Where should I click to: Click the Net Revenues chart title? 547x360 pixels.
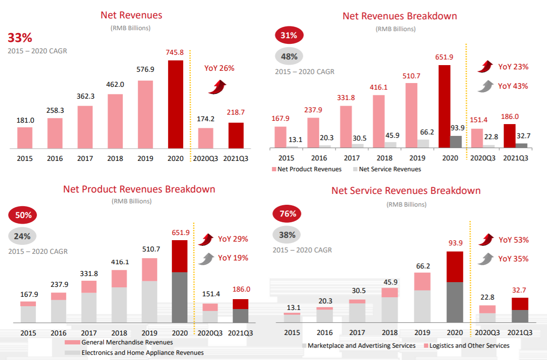tap(131, 15)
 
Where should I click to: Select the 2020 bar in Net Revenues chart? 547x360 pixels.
tap(176, 104)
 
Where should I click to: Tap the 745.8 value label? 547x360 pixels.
tap(176, 52)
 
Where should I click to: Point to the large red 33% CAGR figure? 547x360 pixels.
tap(19, 38)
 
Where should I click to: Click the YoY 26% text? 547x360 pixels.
tap(219, 68)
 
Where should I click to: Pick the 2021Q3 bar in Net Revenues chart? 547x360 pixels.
tap(236, 136)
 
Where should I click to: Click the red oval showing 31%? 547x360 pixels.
tap(289, 35)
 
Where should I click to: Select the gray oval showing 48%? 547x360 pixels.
tap(289, 57)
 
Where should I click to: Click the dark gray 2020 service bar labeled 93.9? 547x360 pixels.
tap(455, 142)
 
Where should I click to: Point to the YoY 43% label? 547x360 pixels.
tap(513, 86)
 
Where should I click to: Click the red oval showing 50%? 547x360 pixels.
tap(22, 216)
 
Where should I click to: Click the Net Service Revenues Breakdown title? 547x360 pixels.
tap(406, 191)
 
